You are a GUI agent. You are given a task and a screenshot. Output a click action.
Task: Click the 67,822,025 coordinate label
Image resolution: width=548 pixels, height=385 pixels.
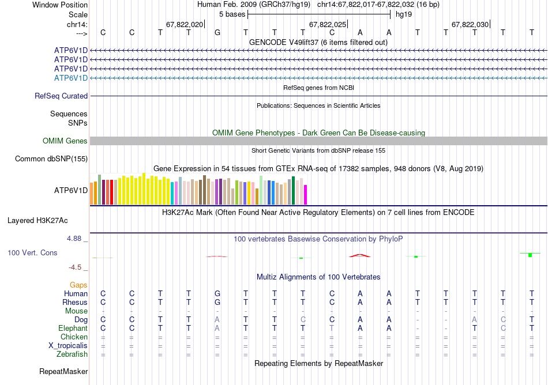328,25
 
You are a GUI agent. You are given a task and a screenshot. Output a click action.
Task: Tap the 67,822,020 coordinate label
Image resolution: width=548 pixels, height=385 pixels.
185,25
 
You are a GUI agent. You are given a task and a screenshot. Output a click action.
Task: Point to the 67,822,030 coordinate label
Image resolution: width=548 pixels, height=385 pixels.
470,25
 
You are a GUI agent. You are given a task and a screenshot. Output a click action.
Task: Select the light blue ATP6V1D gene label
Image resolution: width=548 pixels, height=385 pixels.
71,78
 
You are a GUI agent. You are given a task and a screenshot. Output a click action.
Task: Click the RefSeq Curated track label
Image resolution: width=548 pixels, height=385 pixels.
61,96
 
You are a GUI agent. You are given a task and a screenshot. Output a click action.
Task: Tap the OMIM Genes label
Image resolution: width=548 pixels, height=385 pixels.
65,141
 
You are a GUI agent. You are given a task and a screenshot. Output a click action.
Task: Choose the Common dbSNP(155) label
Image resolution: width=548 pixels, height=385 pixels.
51,158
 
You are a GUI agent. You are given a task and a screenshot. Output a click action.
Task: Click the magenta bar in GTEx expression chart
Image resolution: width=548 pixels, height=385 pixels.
306,195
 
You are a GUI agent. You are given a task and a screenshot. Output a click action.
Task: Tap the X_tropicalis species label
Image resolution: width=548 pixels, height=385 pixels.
68,345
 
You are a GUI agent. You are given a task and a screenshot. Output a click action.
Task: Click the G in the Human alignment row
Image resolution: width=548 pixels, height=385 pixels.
217,293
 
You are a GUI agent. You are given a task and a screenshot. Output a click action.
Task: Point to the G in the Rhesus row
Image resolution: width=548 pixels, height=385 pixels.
217,302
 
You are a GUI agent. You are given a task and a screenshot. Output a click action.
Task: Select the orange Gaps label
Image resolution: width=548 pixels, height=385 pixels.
78,285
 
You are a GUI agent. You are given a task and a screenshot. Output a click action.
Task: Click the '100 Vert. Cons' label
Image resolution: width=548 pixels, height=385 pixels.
33,252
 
